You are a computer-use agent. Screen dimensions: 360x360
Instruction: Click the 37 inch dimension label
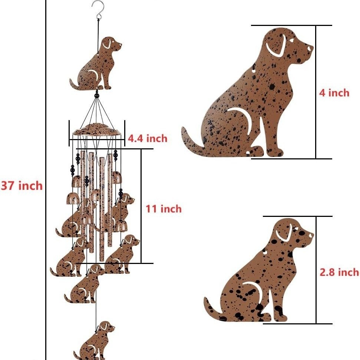click(22, 185)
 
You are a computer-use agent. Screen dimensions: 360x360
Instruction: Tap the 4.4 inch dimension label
click(148, 138)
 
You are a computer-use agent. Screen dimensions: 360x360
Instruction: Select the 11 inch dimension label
click(164, 209)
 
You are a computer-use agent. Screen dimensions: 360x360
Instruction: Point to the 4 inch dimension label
click(334, 93)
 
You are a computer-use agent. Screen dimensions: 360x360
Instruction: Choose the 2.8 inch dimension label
click(339, 272)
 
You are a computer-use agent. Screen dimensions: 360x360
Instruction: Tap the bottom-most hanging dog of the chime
click(94, 340)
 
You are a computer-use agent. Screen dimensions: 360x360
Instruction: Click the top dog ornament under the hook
click(96, 63)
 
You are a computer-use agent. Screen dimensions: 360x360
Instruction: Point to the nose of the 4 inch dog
click(310, 49)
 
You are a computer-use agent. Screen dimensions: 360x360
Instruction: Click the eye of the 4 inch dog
click(292, 40)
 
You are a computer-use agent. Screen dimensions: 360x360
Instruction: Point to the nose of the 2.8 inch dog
click(311, 235)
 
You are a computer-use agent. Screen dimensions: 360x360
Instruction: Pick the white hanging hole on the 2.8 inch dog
click(265, 252)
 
